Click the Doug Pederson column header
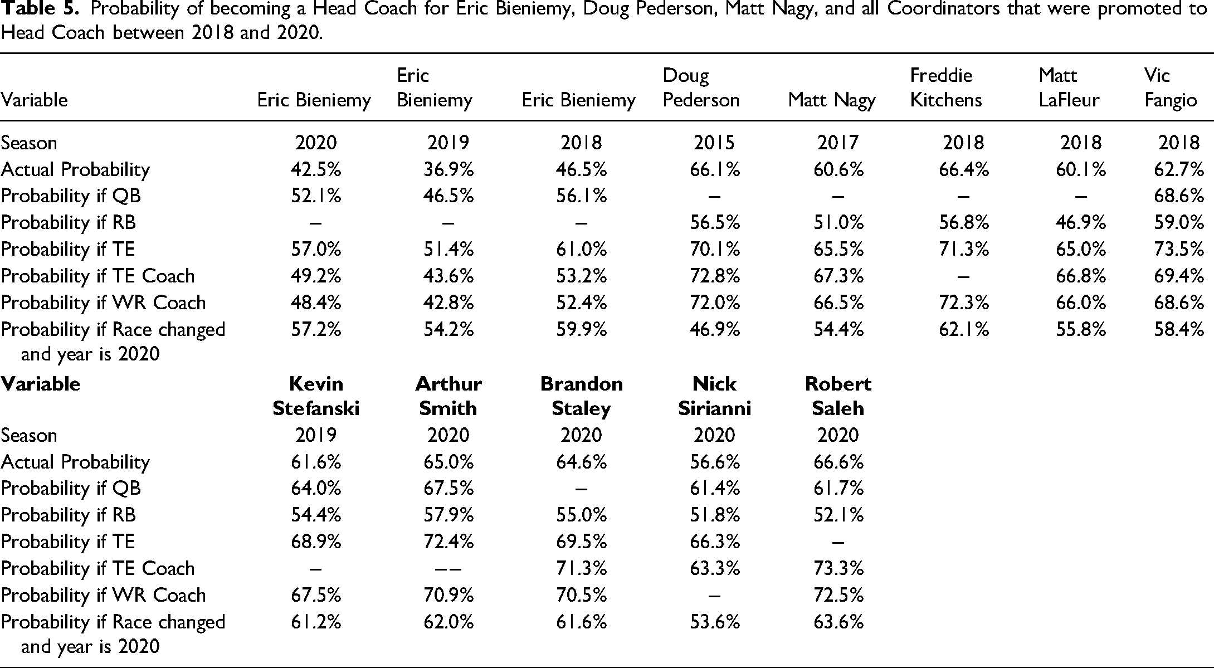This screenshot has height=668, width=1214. (701, 87)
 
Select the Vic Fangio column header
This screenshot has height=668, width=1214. (1171, 87)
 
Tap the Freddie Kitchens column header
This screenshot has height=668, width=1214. (946, 87)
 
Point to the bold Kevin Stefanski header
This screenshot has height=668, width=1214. (316, 396)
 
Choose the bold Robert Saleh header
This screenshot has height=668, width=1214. (838, 396)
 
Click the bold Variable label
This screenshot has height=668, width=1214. (41, 384)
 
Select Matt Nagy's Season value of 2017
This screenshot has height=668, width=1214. (838, 143)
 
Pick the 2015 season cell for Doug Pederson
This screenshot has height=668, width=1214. (714, 143)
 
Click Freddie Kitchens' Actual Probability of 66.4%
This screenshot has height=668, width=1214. (964, 169)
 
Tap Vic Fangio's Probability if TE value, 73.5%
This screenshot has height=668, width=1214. (1179, 249)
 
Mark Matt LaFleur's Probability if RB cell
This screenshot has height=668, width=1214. (1081, 222)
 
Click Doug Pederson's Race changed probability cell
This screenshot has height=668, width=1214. (715, 329)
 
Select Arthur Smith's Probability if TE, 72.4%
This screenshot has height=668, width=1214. (448, 542)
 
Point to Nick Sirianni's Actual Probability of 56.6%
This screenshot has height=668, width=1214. (715, 462)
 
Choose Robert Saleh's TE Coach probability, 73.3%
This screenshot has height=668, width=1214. (838, 568)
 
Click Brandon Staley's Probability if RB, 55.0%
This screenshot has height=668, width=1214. (582, 515)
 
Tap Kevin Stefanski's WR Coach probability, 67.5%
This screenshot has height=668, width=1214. (316, 595)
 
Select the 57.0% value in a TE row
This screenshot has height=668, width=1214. (316, 249)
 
